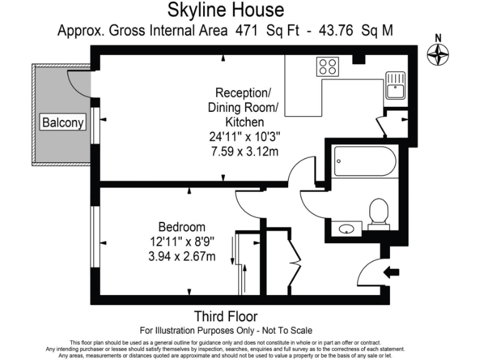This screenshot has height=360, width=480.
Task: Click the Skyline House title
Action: tap(226, 10)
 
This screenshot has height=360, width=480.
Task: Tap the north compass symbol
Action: tap(438, 54)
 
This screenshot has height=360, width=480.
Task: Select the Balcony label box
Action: tap(62, 122)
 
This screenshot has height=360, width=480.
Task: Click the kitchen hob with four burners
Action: tap(327, 66)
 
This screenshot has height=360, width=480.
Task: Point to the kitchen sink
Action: tap(395, 86)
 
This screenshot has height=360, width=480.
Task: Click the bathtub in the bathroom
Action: tap(364, 161)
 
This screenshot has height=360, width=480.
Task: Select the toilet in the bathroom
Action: tap(379, 213)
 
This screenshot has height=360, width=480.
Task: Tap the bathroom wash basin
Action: tap(347, 229)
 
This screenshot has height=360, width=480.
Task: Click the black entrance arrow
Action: tap(392, 272)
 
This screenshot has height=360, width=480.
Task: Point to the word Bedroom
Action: tap(181, 227)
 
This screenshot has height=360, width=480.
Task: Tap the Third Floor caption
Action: tap(226, 316)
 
